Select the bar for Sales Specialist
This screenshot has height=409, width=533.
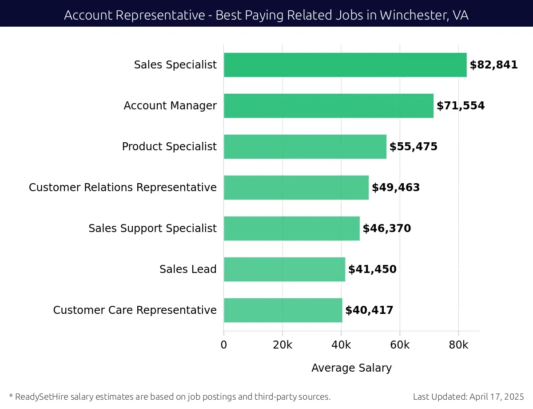(345, 65)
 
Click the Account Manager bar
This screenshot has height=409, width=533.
(328, 106)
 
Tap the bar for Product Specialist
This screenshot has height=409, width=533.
(305, 147)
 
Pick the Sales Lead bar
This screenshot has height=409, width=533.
(284, 269)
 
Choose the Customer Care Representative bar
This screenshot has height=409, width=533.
(282, 310)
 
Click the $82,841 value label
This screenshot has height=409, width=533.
(493, 65)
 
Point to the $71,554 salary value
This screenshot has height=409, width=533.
(461, 106)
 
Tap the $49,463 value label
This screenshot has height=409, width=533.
(395, 188)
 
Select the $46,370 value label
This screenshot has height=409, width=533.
(386, 229)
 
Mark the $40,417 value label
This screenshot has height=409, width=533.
(369, 310)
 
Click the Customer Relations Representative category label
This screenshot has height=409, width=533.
(123, 188)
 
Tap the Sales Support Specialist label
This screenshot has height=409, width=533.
(152, 229)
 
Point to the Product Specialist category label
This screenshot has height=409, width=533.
(169, 147)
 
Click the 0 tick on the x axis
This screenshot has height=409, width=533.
(224, 345)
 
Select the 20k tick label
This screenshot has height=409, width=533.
(282, 345)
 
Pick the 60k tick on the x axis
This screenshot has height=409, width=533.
(400, 345)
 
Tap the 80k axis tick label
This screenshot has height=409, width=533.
(458, 345)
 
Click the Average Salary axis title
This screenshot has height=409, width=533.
(351, 368)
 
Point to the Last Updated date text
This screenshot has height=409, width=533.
(468, 397)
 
